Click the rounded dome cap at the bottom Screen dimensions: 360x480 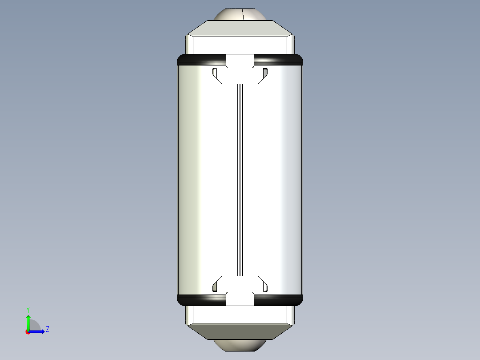[240, 346]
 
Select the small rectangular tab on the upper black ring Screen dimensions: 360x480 [240, 61]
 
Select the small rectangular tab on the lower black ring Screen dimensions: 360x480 [240, 299]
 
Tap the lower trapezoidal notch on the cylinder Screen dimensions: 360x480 [240, 283]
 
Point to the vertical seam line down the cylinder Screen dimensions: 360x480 [240, 178]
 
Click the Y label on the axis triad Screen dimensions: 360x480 [28, 309]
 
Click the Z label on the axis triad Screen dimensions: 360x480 [47, 329]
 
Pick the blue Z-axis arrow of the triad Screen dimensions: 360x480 [38, 331]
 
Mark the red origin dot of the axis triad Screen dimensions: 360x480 [28, 332]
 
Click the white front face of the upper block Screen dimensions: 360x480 [240, 45]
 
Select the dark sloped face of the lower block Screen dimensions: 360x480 [240, 331]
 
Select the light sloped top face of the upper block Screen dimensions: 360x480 [240, 28]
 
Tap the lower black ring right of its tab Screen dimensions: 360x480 [278, 300]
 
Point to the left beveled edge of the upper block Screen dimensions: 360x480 [190, 45]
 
